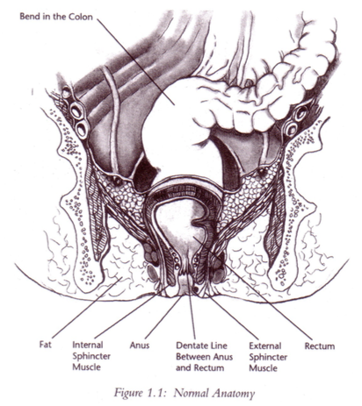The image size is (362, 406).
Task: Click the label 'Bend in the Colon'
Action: pos(56,17)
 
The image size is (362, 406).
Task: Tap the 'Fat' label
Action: pos(46,345)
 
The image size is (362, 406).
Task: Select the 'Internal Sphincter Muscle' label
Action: pos(91,356)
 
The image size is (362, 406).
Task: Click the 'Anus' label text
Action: pos(140,345)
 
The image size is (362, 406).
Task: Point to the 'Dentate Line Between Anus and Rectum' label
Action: pos(204,356)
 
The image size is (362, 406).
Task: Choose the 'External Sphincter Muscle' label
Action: pos(268,357)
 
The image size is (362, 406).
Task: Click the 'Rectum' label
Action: pos(320,346)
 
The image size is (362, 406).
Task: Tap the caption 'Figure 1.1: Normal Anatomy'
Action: pos(185,393)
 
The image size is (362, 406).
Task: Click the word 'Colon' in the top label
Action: pos(81,17)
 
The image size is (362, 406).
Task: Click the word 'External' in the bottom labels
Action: pos(265,345)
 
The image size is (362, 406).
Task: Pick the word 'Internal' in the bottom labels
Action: pos(88,345)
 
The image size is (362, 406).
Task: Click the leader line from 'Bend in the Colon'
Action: pos(135,61)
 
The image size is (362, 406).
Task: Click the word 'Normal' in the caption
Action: pos(192,393)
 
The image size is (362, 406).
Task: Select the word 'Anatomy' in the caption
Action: pos(234,393)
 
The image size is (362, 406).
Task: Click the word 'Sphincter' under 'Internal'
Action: pos(91,356)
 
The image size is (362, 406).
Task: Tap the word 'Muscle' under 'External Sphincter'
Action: pos(263,367)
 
